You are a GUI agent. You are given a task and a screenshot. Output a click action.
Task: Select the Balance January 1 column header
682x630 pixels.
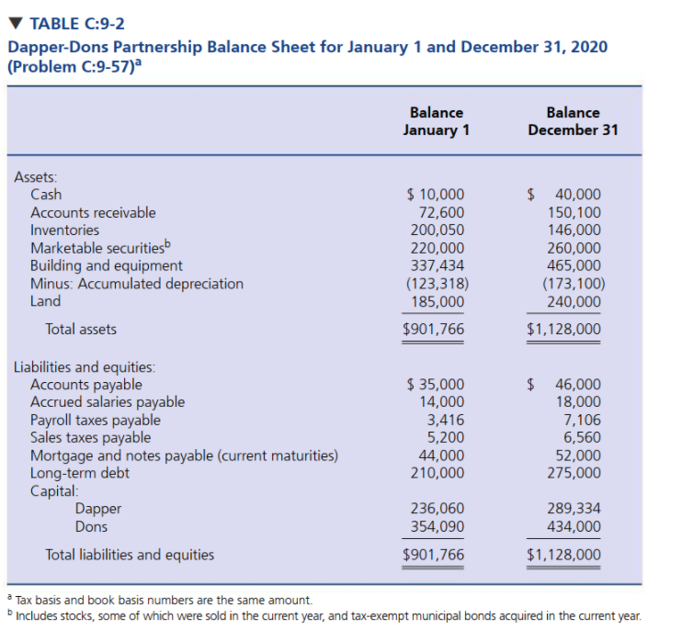click(x=436, y=120)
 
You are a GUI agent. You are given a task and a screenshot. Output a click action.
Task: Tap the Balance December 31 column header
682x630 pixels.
click(x=573, y=120)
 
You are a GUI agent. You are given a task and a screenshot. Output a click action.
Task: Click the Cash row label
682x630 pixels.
click(x=46, y=194)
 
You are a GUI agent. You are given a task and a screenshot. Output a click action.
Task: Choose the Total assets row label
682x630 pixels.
click(x=81, y=329)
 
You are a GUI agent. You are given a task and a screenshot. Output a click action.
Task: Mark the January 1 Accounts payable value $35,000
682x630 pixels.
click(x=436, y=385)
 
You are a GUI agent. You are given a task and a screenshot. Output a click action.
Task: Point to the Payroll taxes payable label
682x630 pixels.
click(x=96, y=421)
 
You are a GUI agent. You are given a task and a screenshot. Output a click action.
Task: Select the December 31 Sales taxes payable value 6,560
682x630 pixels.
click(x=582, y=438)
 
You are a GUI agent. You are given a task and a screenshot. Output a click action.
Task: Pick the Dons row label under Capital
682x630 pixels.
click(x=91, y=527)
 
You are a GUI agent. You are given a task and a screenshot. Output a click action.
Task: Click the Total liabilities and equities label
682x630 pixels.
click(x=130, y=555)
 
